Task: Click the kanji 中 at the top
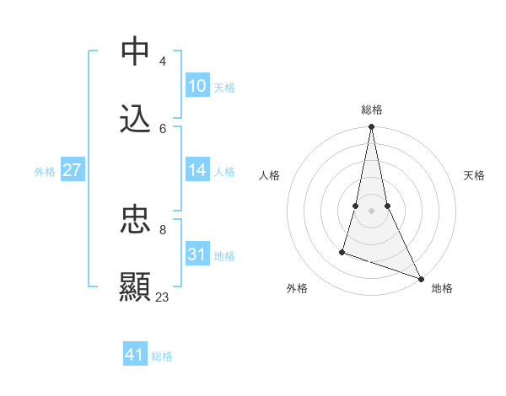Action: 135,51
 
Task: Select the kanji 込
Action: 135,119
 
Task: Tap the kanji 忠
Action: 135,218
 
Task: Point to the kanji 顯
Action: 135,286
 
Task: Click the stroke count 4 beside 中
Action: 163,61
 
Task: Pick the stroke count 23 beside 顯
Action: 163,297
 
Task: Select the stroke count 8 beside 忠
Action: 163,228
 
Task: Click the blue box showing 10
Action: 197,86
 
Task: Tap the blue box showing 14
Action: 197,170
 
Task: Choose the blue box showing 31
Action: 197,254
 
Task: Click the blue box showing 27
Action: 73,170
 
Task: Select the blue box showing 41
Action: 135,355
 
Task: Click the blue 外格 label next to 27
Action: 45,172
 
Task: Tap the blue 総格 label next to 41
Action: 162,356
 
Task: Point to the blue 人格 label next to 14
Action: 224,172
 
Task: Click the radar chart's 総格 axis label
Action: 372,110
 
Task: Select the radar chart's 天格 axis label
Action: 475,175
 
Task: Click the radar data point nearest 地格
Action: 420,278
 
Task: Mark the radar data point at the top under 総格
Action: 371,127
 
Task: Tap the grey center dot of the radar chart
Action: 371,211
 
